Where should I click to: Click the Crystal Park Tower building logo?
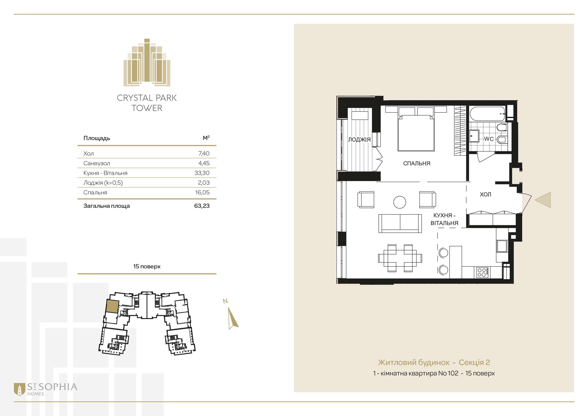(147, 62)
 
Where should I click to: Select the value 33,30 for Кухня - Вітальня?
(202, 173)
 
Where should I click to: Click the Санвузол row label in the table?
(97, 163)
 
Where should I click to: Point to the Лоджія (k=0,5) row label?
(103, 183)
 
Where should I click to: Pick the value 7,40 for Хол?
(204, 153)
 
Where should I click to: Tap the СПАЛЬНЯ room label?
(417, 163)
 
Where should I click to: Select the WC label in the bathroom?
(489, 139)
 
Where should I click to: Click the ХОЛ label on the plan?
(485, 194)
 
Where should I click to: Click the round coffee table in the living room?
(400, 202)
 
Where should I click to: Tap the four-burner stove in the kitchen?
(482, 272)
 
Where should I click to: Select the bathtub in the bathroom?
(487, 114)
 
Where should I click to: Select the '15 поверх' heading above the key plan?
(147, 266)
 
